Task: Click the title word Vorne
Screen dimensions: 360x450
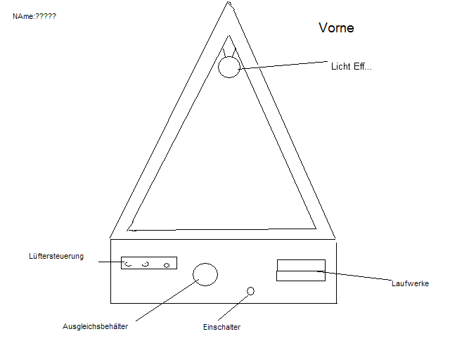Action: (x=336, y=28)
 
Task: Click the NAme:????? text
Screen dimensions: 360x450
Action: (x=34, y=15)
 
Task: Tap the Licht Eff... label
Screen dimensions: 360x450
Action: (x=352, y=67)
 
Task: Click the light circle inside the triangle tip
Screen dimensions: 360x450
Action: (x=229, y=67)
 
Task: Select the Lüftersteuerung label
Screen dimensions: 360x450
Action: (x=56, y=256)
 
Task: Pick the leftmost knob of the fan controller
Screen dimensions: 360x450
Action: (x=128, y=264)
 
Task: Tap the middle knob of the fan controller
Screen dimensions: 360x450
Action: (x=146, y=264)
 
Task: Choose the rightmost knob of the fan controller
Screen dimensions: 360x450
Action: (x=167, y=265)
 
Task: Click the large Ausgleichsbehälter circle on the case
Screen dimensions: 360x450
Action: (x=205, y=274)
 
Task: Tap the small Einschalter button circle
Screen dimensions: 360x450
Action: (x=250, y=290)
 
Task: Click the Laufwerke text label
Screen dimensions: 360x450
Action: (x=410, y=283)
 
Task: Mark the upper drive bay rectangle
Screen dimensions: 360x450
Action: (x=301, y=264)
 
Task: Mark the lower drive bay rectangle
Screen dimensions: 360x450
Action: (x=301, y=276)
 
